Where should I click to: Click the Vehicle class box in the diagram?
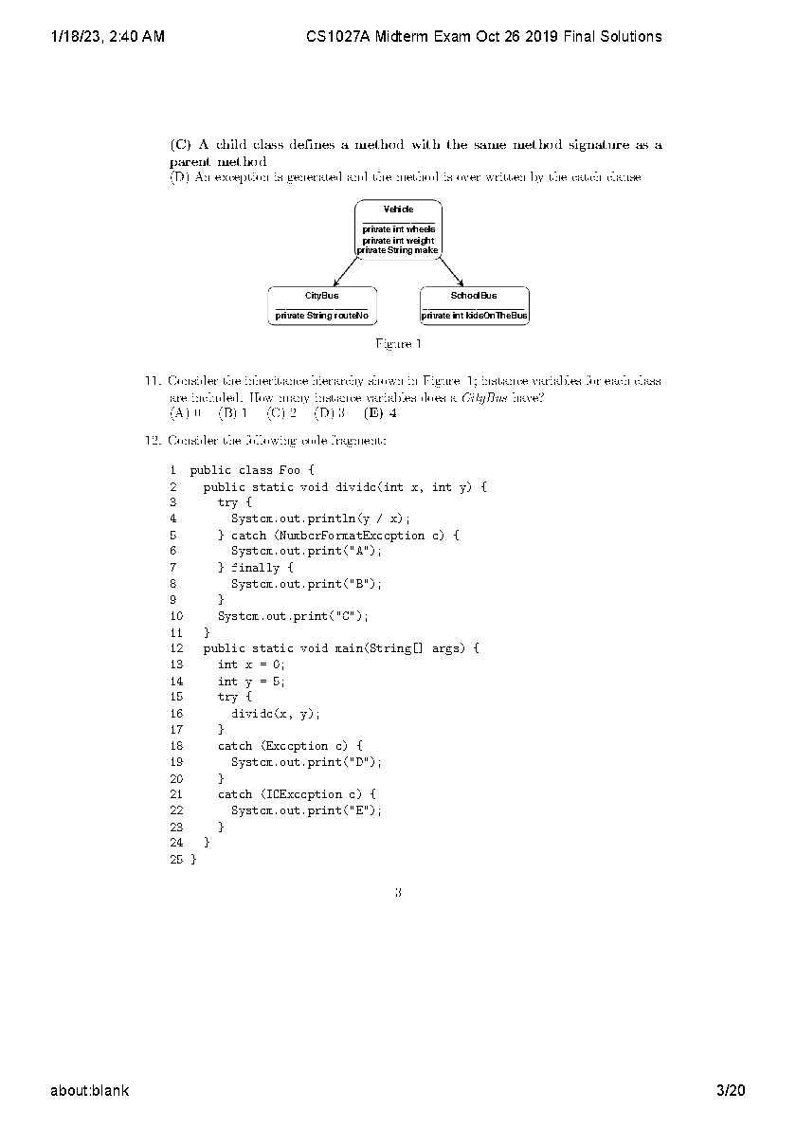398,228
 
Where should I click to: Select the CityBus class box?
321,305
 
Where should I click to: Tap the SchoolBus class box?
474,305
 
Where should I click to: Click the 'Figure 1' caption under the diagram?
398,343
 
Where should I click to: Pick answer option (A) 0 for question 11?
186,412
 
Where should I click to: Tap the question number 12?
152,440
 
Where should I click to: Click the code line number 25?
176,859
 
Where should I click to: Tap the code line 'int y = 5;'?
251,681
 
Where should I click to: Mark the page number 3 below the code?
398,891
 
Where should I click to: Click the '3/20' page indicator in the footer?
732,1091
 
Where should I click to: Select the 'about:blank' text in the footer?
90,1091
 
